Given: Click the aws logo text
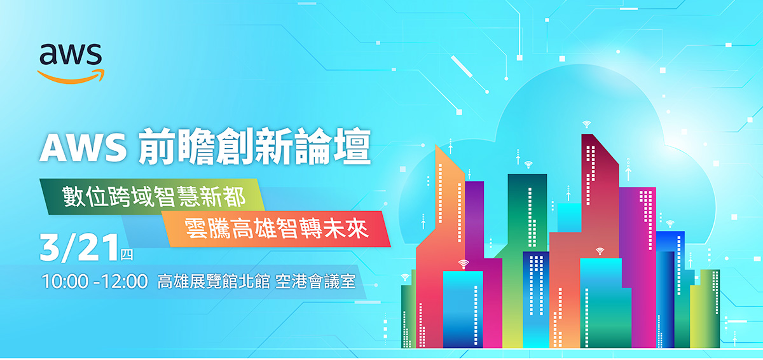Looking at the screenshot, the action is pyautogui.click(x=71, y=54).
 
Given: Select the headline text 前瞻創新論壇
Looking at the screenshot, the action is pyautogui.click(x=254, y=146).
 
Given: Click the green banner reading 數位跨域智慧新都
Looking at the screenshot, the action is pyautogui.click(x=152, y=197).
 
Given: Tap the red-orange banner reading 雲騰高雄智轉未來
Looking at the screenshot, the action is pyautogui.click(x=276, y=228).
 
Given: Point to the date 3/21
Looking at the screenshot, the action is pyautogui.click(x=79, y=247).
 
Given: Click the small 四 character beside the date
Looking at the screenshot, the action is pyautogui.click(x=127, y=254).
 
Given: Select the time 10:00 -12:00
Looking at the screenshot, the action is pyautogui.click(x=95, y=282).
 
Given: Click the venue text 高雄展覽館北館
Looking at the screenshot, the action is pyautogui.click(x=214, y=282).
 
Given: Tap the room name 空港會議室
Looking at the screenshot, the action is pyautogui.click(x=315, y=282).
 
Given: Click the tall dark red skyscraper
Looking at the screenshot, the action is pyautogui.click(x=600, y=191).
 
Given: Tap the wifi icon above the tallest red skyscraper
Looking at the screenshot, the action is pyautogui.click(x=586, y=124).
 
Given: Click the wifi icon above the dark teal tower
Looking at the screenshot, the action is pyautogui.click(x=528, y=165).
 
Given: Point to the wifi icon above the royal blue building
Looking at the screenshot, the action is pyautogui.click(x=670, y=224).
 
